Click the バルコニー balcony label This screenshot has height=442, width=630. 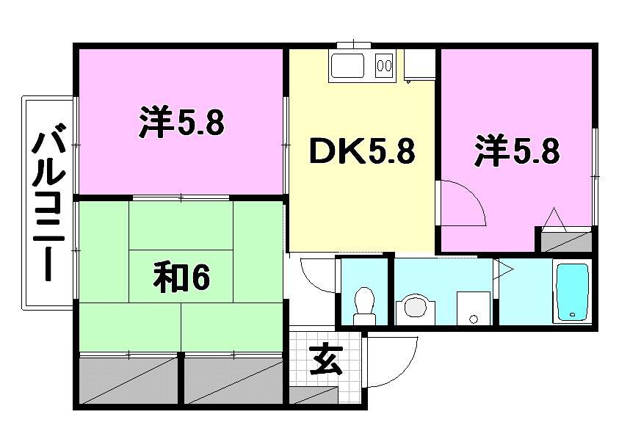(x=48, y=203)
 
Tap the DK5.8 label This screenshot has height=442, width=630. (x=361, y=152)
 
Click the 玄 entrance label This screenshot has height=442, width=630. (x=325, y=361)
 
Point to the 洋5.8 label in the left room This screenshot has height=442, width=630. (x=181, y=123)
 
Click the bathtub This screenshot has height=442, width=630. (x=572, y=291)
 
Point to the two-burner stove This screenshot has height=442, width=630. (x=384, y=66)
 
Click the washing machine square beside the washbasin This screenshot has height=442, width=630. (x=474, y=307)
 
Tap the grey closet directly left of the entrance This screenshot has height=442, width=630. (x=233, y=378)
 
